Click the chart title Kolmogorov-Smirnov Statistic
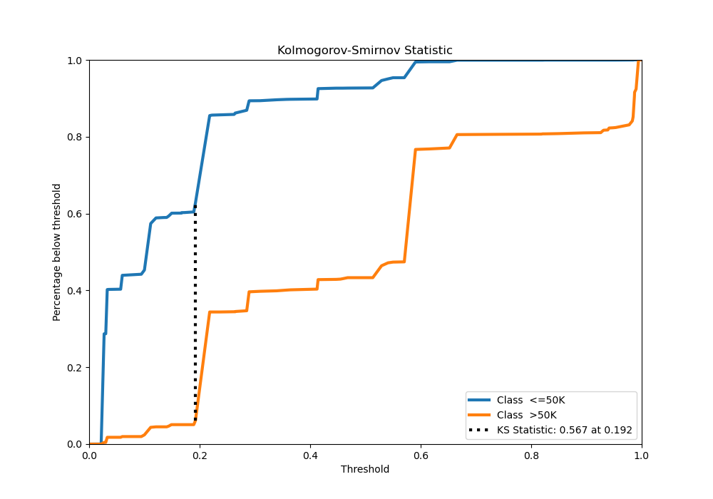pos(365,51)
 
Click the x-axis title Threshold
pos(365,469)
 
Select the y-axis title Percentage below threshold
pos(57,252)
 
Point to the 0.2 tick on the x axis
pos(200,454)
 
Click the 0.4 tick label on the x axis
pos(310,454)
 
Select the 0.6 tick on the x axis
pos(421,454)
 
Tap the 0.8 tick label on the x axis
pos(531,454)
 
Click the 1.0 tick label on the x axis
pos(642,454)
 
